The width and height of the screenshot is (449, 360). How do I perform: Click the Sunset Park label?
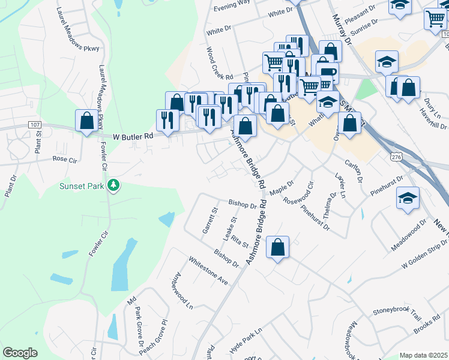point(81,186)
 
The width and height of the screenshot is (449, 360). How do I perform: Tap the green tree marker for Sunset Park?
point(112,185)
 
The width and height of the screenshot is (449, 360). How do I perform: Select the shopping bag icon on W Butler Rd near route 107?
point(86,121)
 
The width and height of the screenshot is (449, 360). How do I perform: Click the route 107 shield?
point(35,125)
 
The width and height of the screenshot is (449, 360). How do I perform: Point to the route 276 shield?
point(396,157)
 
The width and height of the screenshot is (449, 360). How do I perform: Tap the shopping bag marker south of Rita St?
point(278,248)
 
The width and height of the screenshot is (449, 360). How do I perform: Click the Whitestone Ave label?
point(208,271)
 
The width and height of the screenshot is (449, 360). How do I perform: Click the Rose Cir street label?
point(65,160)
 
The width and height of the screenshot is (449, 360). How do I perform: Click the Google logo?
point(20,353)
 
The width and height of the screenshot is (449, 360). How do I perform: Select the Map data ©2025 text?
point(423,355)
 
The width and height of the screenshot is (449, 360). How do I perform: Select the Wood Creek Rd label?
point(219,63)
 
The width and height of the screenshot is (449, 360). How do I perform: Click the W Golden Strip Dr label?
point(424,254)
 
